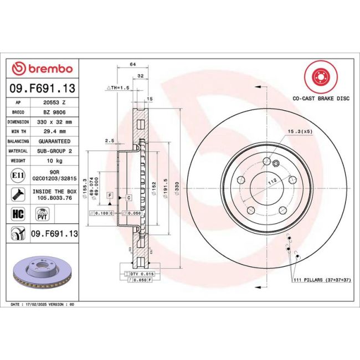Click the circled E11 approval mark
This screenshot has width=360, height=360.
pyautogui.click(x=17, y=176)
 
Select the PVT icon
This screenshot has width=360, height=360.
pyautogui.click(x=41, y=213)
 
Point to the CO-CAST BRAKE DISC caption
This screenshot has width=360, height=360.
pyautogui.click(x=321, y=97)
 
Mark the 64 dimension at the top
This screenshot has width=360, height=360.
pyautogui.click(x=132, y=65)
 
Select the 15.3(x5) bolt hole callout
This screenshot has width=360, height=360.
pyautogui.click(x=299, y=131)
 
